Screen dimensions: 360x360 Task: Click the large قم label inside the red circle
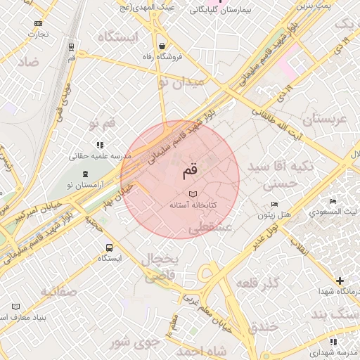(x=190, y=169)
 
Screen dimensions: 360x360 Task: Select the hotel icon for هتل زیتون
(x=274, y=205)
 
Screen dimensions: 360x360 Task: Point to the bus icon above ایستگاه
(x=109, y=247)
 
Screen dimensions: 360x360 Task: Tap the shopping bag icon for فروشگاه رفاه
(x=162, y=45)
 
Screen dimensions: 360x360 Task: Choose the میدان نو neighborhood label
(x=180, y=83)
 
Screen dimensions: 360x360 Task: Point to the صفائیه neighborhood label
(x=57, y=290)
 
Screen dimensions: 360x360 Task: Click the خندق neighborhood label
(x=264, y=326)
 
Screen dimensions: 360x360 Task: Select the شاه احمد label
(x=202, y=350)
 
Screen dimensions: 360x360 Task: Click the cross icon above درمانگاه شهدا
(x=340, y=281)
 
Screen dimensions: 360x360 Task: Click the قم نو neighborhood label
(x=101, y=124)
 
